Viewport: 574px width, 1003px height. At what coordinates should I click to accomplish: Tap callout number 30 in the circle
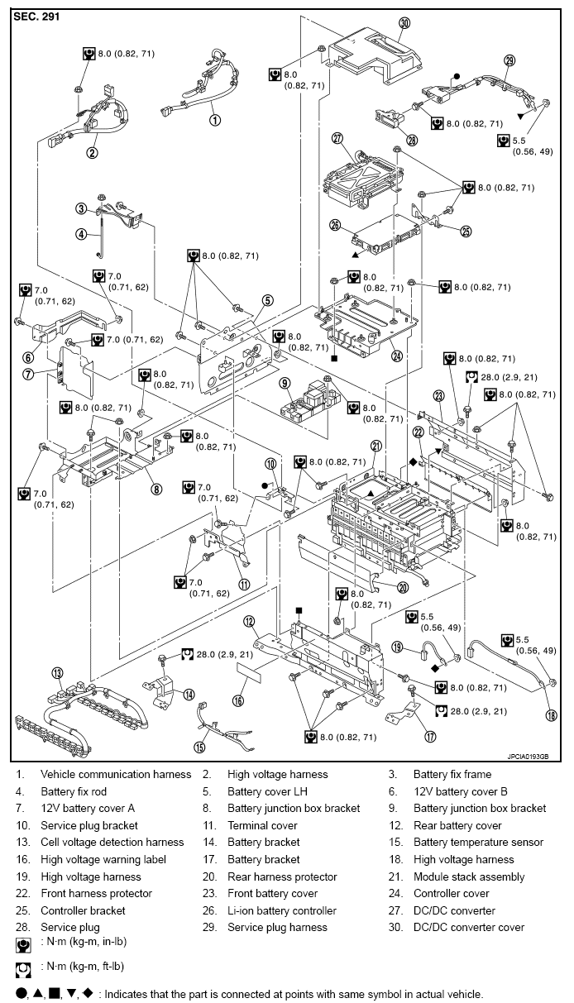[404, 23]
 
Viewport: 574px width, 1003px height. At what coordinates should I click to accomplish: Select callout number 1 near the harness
[214, 120]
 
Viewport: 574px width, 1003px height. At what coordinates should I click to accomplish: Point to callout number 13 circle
[57, 671]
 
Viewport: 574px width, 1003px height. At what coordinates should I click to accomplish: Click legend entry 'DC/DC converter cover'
[469, 927]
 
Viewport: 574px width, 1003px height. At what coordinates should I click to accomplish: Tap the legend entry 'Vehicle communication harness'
[116, 775]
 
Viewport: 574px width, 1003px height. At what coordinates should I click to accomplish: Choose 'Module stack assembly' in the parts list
[469, 876]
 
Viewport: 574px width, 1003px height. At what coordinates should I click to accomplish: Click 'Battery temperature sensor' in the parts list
[478, 843]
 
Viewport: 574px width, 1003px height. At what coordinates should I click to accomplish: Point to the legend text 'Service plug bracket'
[89, 825]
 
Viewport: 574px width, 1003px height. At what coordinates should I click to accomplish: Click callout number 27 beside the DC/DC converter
[337, 138]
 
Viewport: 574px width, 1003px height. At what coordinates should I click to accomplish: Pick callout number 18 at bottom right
[551, 715]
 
